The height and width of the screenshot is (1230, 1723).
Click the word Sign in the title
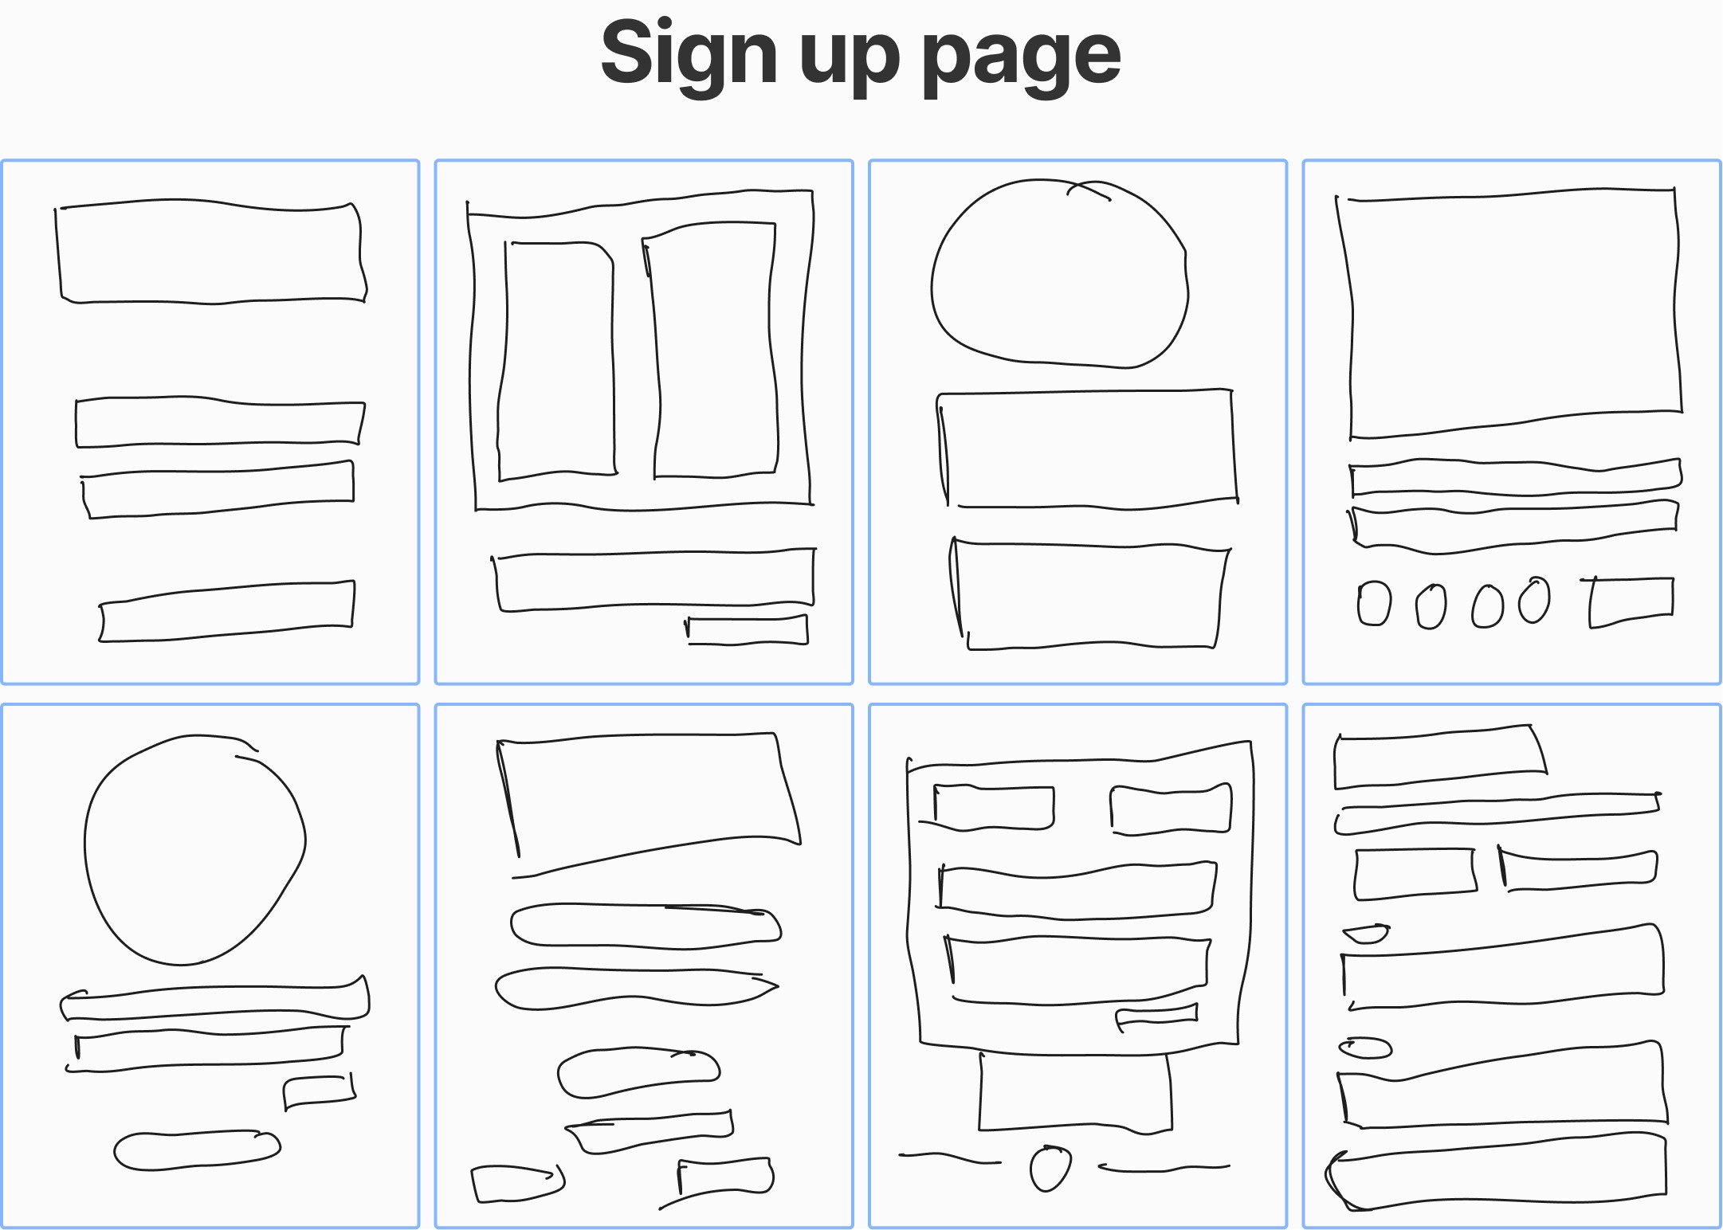[x=689, y=54]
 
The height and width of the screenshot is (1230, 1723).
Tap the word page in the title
[x=1022, y=59]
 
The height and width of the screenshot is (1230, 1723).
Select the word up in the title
[x=850, y=61]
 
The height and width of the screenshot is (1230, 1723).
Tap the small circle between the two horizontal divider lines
[x=1050, y=1168]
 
